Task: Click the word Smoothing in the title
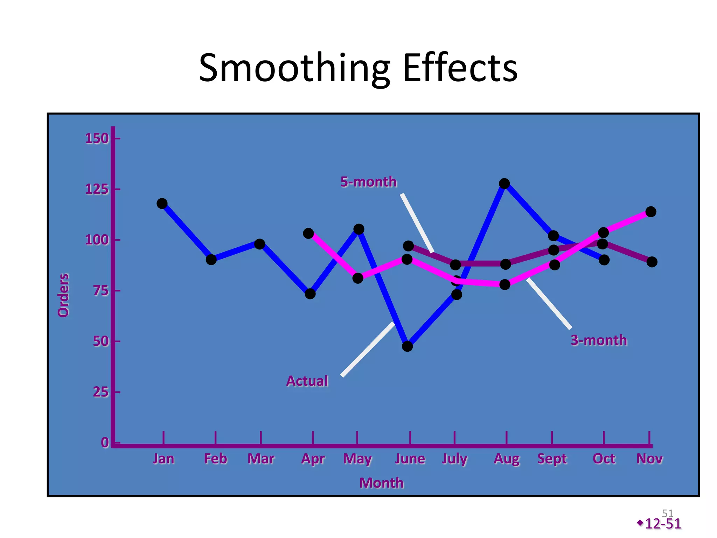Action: point(294,68)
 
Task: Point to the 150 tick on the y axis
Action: point(97,139)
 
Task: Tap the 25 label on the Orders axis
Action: point(100,392)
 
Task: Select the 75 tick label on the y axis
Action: point(100,291)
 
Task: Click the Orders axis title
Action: point(64,295)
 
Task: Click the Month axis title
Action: point(381,483)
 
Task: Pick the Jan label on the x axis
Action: point(163,458)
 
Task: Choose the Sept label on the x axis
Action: point(552,458)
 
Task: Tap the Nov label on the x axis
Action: point(649,458)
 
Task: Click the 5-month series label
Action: point(368,182)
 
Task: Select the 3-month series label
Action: point(599,340)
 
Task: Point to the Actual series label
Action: point(307,381)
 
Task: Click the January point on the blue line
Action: point(162,204)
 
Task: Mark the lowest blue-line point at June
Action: point(407,346)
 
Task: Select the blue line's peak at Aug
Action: point(504,184)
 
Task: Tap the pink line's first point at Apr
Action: point(308,233)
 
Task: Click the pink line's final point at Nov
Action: point(650,212)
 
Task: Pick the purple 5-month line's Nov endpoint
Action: point(652,262)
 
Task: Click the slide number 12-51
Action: point(662,524)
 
